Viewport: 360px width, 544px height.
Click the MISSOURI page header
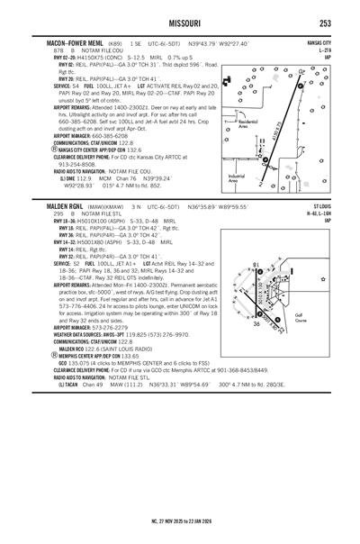(x=179, y=22)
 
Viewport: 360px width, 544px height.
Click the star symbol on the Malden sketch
(x=321, y=280)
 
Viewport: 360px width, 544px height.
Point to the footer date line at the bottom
(x=179, y=520)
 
